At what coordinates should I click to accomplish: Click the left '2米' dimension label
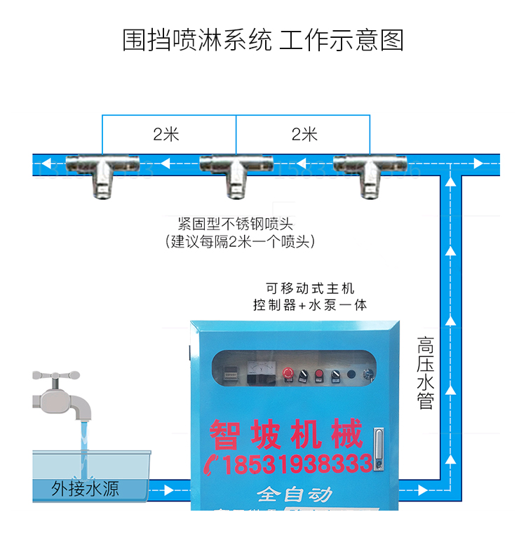coord(166,135)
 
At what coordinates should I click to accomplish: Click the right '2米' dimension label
coord(304,135)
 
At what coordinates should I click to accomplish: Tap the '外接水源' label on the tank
coord(85,489)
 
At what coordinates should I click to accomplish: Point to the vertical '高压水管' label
coord(426,372)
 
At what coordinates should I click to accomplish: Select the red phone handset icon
coord(213,464)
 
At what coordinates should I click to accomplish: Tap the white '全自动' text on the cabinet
coord(294,494)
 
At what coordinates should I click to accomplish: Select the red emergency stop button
coord(288,372)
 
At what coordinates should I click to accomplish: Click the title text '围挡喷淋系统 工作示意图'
coord(263,40)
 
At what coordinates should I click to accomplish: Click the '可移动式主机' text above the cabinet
coord(310,288)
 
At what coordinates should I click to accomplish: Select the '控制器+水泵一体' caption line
coord(310,305)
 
